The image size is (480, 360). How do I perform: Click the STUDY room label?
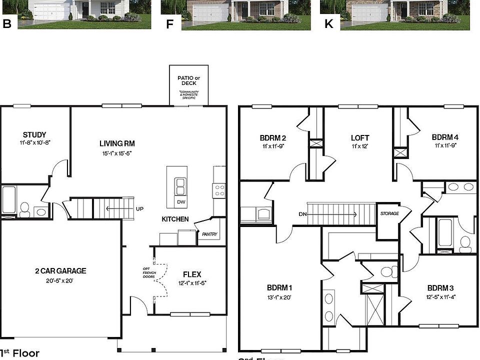click(34, 134)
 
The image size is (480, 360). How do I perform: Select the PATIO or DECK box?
click(188, 85)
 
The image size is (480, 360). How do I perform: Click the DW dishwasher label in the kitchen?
click(181, 202)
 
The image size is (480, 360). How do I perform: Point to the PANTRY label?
click(209, 234)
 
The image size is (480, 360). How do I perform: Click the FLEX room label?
click(192, 274)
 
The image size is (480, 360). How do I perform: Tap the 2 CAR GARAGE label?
click(60, 271)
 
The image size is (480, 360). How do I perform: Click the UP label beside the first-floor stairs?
click(139, 208)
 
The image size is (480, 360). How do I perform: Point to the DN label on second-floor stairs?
click(302, 214)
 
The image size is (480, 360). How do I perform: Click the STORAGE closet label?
click(389, 213)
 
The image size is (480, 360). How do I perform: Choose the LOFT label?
click(359, 137)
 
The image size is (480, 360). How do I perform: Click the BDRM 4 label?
click(445, 137)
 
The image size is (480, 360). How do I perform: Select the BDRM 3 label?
click(440, 288)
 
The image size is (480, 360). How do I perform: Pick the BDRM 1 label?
click(279, 288)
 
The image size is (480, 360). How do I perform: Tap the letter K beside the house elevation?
click(328, 23)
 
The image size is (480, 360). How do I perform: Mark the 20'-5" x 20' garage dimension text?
click(60, 280)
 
